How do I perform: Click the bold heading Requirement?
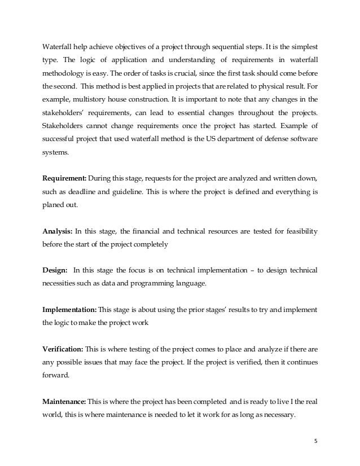[64, 178]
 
